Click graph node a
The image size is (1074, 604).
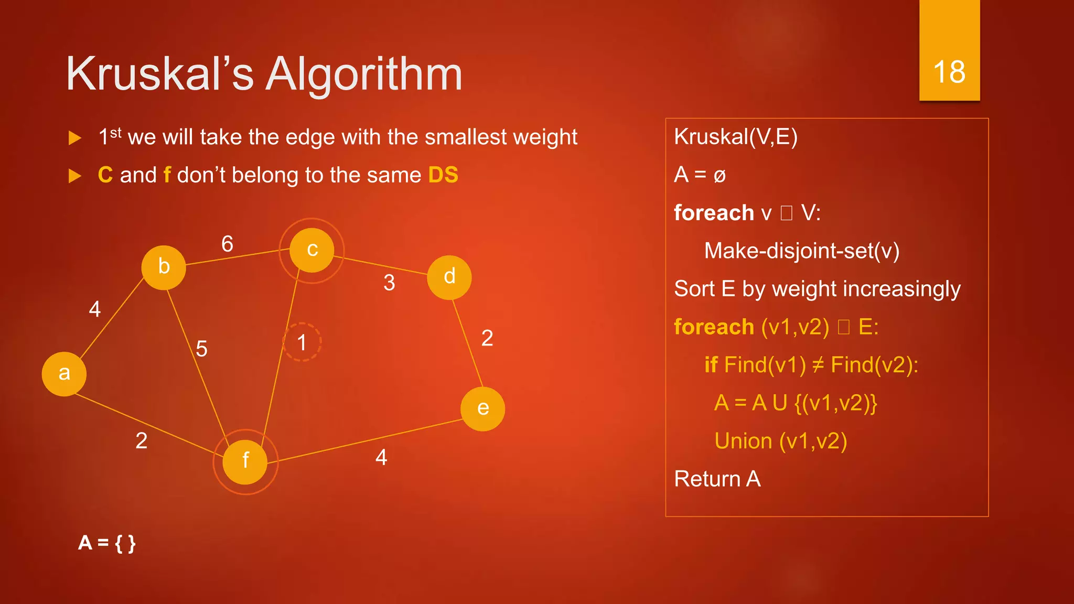[x=64, y=374]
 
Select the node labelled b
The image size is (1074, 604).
[x=164, y=267]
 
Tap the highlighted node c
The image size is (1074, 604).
[x=312, y=250]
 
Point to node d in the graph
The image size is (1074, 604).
[x=449, y=277]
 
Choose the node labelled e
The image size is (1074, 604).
[x=482, y=409]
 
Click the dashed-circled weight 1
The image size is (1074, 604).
[x=302, y=342]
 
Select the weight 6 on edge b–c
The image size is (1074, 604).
[x=227, y=244]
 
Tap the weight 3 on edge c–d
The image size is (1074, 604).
[x=389, y=283]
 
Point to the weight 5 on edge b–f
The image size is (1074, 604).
[x=202, y=349]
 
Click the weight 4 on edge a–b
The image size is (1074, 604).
[x=95, y=309]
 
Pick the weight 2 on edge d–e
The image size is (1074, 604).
[x=487, y=338]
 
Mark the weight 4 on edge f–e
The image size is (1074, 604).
[x=381, y=457]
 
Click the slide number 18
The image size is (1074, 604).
[x=949, y=72]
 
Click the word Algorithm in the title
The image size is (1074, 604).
[x=364, y=74]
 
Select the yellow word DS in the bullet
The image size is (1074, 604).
[x=443, y=175]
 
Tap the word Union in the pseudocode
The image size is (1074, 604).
[x=743, y=441]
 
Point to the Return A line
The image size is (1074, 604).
[x=717, y=479]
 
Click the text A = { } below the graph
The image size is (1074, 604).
[x=107, y=543]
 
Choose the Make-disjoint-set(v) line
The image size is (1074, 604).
[x=801, y=251]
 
